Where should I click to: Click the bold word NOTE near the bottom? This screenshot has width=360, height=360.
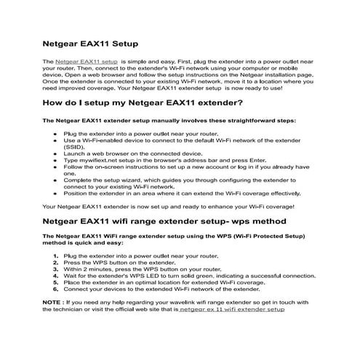52,302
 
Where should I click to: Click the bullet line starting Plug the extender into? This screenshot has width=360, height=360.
141,135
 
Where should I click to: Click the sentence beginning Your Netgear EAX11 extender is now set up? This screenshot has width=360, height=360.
167,207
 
